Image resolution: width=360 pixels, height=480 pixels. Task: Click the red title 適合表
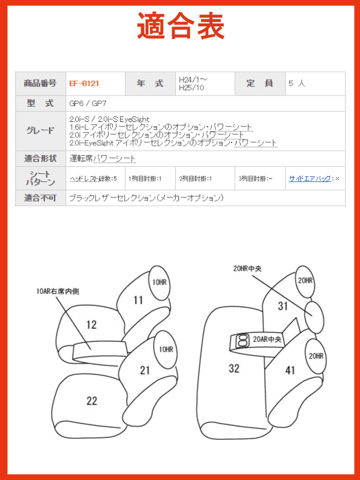(x=181, y=26)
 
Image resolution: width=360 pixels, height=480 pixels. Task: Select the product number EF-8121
(x=84, y=83)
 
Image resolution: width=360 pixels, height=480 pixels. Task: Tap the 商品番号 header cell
(x=40, y=83)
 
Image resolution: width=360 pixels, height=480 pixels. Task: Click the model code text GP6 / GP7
(x=88, y=103)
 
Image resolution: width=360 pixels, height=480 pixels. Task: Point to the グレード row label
(x=40, y=131)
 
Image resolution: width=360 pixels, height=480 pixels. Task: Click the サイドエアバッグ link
(x=310, y=178)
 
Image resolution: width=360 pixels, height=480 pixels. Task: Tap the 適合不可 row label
(x=40, y=198)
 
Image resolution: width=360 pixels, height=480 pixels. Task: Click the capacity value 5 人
(x=296, y=83)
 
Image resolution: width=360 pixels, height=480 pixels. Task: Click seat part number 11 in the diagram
(x=138, y=300)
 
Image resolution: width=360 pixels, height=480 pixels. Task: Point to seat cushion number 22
(x=92, y=401)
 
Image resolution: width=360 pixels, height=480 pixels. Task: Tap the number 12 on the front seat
(x=92, y=325)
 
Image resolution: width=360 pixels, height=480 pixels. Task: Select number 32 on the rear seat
(x=234, y=368)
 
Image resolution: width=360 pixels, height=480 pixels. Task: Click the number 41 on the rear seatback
(x=290, y=370)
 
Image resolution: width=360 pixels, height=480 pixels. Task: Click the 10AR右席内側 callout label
(x=58, y=291)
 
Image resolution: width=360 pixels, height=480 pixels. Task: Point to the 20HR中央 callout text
(x=247, y=269)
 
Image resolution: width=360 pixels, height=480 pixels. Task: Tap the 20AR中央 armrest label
(x=267, y=340)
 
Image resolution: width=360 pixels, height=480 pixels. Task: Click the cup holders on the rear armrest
(x=242, y=341)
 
